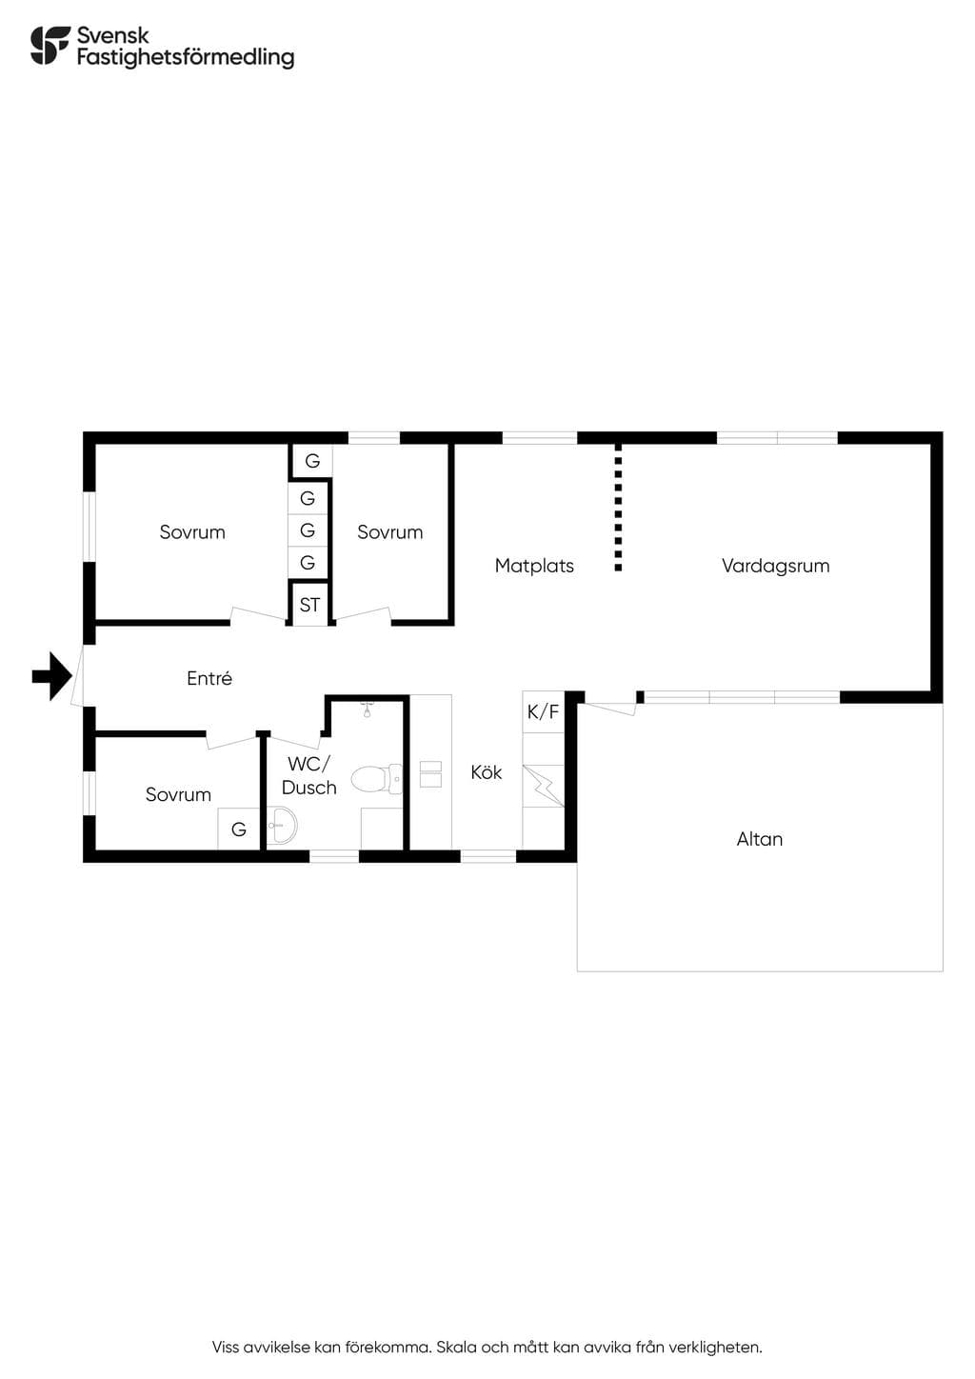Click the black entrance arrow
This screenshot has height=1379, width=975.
pyautogui.click(x=52, y=676)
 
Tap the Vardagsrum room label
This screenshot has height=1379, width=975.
pyautogui.click(x=776, y=566)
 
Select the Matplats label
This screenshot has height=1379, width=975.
pyautogui.click(x=534, y=566)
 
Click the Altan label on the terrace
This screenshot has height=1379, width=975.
pyautogui.click(x=760, y=839)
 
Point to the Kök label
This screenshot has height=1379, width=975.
pyautogui.click(x=487, y=772)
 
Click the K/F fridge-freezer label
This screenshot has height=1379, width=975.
pyautogui.click(x=543, y=711)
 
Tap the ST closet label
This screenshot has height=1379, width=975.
pyautogui.click(x=309, y=605)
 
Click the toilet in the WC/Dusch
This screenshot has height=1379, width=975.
pyautogui.click(x=376, y=779)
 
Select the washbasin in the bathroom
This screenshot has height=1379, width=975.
pyautogui.click(x=283, y=825)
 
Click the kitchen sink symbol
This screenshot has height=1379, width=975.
pyautogui.click(x=430, y=774)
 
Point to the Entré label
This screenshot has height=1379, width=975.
pyautogui.click(x=209, y=678)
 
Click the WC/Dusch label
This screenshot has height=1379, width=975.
pyautogui.click(x=309, y=775)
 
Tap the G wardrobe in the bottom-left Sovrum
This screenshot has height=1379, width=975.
pyautogui.click(x=239, y=829)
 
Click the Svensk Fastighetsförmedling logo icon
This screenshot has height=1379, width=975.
pyautogui.click(x=50, y=45)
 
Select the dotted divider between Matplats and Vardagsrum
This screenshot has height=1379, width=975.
pyautogui.click(x=618, y=508)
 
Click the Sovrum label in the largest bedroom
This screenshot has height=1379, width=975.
pyautogui.click(x=192, y=532)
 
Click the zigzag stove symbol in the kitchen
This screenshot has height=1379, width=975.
pyautogui.click(x=544, y=786)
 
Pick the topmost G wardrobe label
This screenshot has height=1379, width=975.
pyautogui.click(x=312, y=461)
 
